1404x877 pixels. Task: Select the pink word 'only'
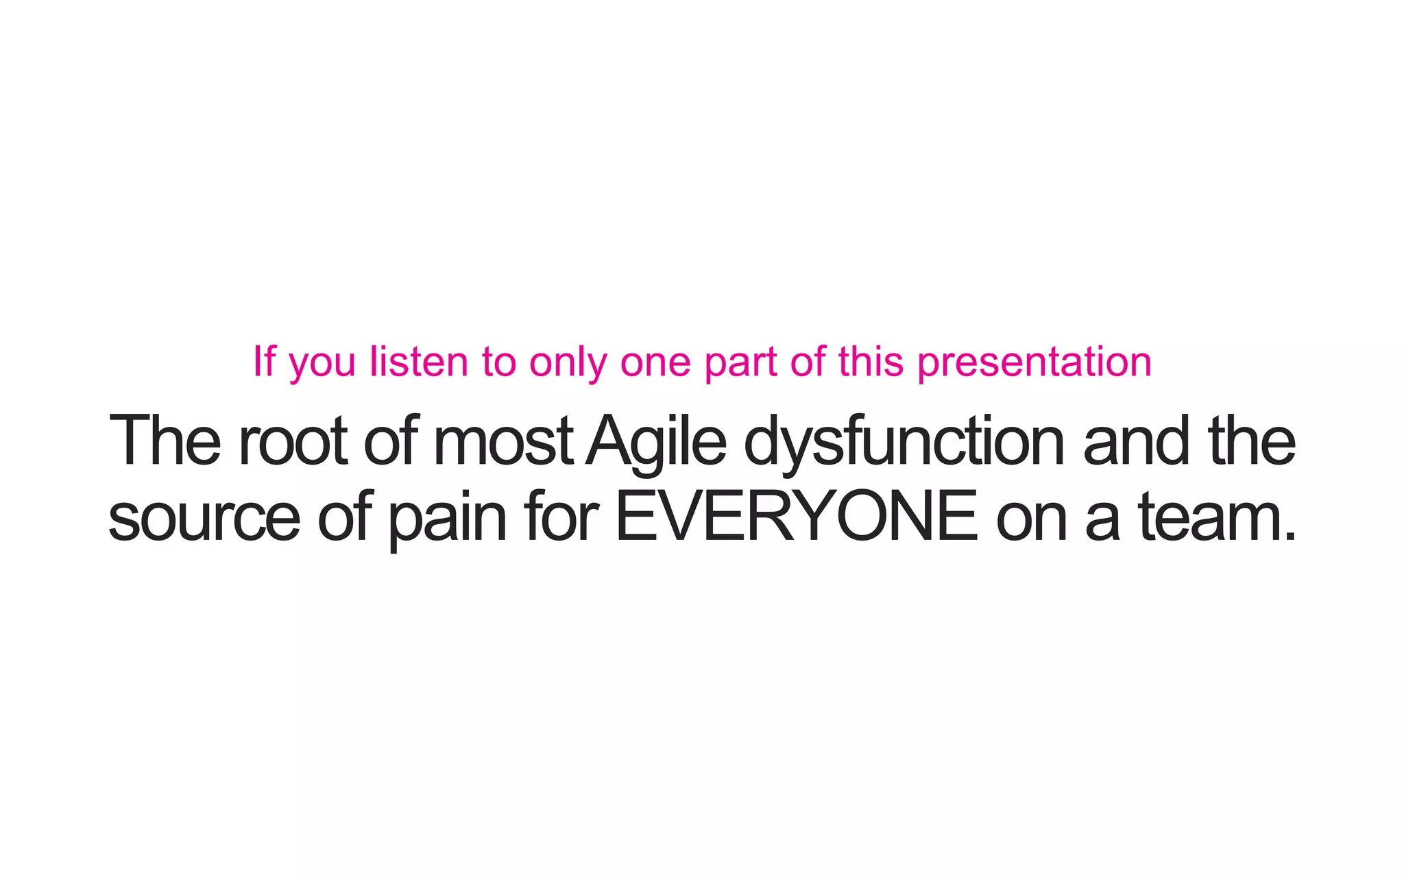[568, 363]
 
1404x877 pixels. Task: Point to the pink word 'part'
[740, 363]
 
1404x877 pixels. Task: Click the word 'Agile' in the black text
[656, 442]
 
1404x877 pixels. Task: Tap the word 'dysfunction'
[904, 442]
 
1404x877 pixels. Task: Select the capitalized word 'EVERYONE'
[796, 517]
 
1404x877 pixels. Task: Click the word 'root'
[292, 442]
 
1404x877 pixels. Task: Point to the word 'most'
[503, 442]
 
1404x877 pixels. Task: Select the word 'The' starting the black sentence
[165, 442]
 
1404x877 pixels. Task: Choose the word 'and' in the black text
[1136, 442]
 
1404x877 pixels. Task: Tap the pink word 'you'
[322, 363]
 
